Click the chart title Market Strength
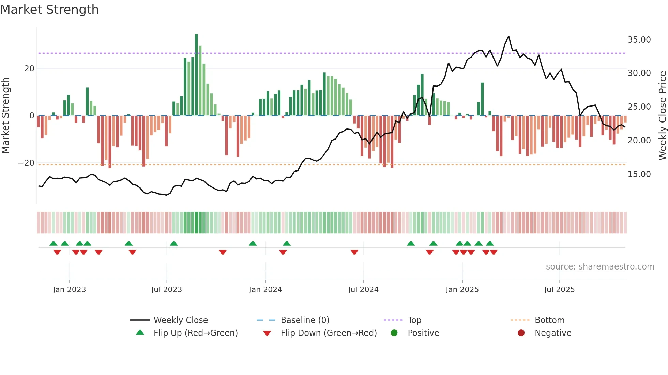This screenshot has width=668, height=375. (49, 10)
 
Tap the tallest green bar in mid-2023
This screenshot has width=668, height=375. (196, 75)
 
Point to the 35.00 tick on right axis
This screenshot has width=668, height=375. (639, 40)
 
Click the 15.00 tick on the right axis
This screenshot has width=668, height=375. (639, 174)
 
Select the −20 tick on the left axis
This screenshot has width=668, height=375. (26, 163)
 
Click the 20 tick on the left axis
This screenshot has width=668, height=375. (29, 69)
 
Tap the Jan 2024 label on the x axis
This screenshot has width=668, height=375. (265, 290)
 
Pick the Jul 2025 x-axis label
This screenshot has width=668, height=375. (559, 290)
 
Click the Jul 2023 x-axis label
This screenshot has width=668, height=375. (167, 290)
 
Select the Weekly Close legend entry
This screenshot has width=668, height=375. (181, 320)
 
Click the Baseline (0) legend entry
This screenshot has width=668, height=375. (305, 320)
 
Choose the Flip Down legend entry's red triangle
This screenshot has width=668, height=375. (267, 333)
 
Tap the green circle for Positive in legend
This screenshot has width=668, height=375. (394, 333)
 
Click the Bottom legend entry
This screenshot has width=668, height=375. (549, 320)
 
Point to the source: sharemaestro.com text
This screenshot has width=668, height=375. (600, 267)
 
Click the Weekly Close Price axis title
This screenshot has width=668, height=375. (662, 116)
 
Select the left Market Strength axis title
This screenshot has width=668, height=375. (6, 116)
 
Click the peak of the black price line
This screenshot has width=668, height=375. (508, 36)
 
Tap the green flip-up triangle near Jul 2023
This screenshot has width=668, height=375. (174, 243)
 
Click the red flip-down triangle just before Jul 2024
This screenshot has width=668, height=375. (354, 252)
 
